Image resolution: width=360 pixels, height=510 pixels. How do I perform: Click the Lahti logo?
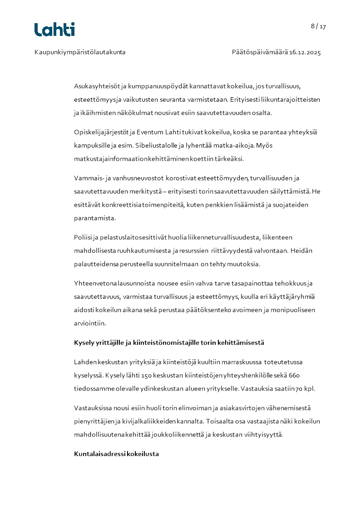[x=54, y=30]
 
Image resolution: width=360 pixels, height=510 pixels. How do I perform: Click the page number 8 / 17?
[x=318, y=26]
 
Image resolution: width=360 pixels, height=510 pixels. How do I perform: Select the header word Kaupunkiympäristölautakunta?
[x=80, y=52]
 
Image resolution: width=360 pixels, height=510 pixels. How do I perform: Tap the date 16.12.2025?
[x=305, y=52]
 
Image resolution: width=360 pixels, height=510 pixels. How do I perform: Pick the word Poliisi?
[x=83, y=237]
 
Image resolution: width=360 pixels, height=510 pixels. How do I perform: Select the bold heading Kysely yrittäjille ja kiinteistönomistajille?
[x=169, y=342]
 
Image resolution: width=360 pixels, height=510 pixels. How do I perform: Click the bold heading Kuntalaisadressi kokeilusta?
[x=116, y=454]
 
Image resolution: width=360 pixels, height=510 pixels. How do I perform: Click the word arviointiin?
[x=89, y=323]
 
